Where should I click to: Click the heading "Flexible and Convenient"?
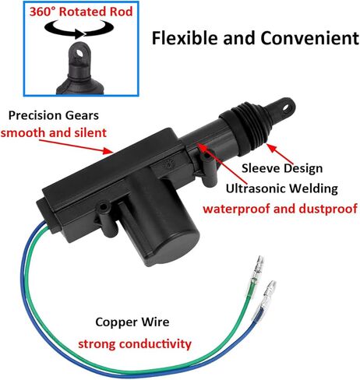[x=255, y=38]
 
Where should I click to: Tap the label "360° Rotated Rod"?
[x=81, y=12]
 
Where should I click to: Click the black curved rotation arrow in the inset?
[x=79, y=30]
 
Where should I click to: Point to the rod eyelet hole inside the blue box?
[x=79, y=54]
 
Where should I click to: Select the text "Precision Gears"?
[x=54, y=115]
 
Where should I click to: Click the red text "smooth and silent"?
[x=54, y=132]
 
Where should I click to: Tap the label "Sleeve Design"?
[x=282, y=168]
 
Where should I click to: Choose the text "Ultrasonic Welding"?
[x=282, y=188]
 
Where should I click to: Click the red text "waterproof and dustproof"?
[x=280, y=209]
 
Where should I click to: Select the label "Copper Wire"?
[x=132, y=322]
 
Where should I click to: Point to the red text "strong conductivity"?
[x=135, y=344]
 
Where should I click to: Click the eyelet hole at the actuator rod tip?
[x=287, y=108]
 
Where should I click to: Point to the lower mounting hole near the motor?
[x=104, y=207]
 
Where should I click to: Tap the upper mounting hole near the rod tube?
[x=206, y=157]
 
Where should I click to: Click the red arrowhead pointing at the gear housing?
[x=108, y=150]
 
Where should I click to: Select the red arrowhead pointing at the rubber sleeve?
[x=271, y=148]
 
